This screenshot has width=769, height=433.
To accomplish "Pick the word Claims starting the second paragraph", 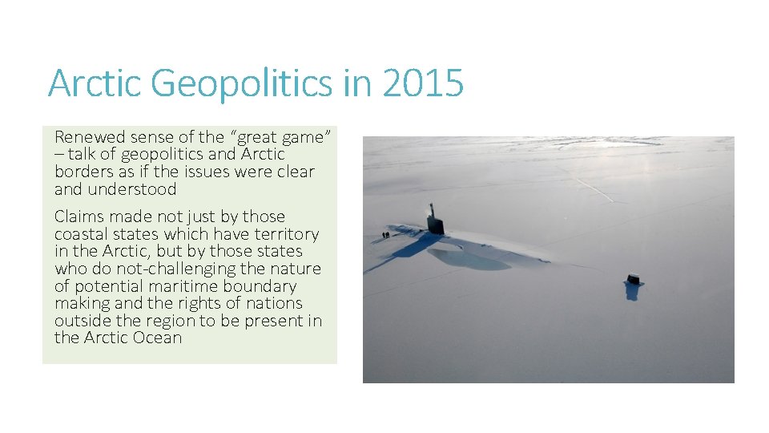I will pos(78,216).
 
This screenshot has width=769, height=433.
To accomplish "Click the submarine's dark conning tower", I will pos(436,220).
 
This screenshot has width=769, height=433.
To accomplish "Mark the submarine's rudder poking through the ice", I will pos(634,280).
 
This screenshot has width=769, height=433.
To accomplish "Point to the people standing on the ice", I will pos(385,235).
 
